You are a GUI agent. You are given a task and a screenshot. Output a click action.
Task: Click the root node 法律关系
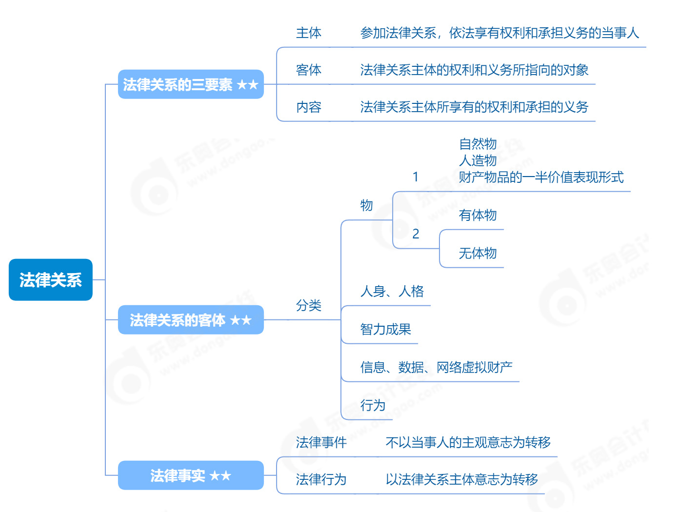(51, 279)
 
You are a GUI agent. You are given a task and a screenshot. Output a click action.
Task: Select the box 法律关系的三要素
(191, 84)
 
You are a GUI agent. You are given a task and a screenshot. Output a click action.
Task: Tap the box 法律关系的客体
(191, 319)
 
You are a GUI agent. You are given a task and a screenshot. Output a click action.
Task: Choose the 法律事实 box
(191, 475)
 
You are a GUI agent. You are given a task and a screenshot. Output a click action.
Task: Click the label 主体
(309, 33)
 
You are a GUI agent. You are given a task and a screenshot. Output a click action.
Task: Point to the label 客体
(309, 70)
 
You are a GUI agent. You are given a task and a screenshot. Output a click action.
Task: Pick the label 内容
(309, 107)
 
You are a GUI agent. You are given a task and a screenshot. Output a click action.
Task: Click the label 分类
(309, 305)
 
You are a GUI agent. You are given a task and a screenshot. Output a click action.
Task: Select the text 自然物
(477, 144)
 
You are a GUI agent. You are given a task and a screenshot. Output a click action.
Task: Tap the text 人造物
(477, 160)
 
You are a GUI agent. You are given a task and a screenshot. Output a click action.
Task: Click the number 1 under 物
(416, 177)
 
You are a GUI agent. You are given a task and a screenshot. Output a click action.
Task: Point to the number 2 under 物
(416, 234)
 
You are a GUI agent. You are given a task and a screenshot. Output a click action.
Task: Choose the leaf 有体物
(477, 215)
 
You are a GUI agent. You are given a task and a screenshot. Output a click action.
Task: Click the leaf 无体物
(477, 253)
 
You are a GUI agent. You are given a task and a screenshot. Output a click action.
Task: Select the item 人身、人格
(392, 291)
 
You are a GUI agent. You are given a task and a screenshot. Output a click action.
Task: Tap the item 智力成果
(386, 329)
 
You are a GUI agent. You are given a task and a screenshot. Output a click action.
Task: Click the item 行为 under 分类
(373, 405)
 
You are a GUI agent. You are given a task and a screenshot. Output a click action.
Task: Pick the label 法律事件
(321, 442)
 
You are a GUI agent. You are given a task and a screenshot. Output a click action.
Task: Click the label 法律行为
(321, 479)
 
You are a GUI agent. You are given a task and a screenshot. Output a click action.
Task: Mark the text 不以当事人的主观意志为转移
(468, 442)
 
